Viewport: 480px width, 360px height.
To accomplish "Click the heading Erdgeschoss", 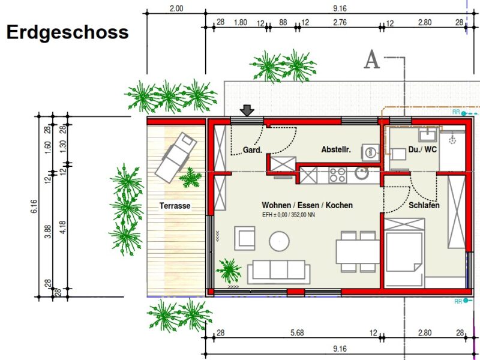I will click(x=67, y=32).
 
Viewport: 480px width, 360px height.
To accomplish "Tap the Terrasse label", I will click(x=175, y=206).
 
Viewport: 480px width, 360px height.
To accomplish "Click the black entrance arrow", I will click(x=247, y=110).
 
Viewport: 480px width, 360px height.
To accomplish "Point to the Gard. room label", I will click(x=253, y=150).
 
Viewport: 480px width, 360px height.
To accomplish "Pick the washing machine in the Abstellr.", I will click(x=370, y=152).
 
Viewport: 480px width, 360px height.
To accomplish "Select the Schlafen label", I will click(x=424, y=205).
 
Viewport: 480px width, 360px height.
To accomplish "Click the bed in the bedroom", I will click(x=404, y=252).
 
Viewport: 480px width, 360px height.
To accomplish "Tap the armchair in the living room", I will click(x=245, y=238).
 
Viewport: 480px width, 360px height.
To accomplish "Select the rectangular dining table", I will click(x=357, y=251).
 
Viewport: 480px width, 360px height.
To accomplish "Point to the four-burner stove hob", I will click(x=337, y=175).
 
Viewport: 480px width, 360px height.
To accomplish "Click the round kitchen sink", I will click(x=362, y=174).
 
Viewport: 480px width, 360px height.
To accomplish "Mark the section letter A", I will click(x=372, y=60).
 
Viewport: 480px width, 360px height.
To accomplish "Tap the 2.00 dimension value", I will click(x=176, y=9).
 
